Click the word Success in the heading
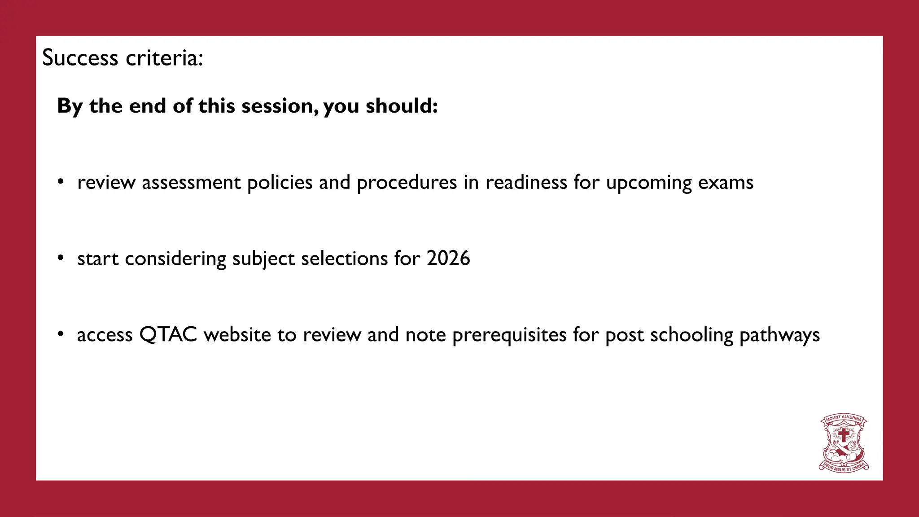click(80, 58)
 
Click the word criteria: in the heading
click(164, 58)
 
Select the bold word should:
click(402, 106)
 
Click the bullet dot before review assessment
click(61, 182)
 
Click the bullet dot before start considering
click(61, 258)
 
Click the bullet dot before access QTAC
click(61, 334)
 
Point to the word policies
click(280, 183)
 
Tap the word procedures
click(407, 183)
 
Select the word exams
click(726, 183)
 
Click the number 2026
click(448, 258)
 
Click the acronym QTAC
click(168, 335)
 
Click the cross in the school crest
click(844, 434)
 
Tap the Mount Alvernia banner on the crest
click(844, 418)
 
